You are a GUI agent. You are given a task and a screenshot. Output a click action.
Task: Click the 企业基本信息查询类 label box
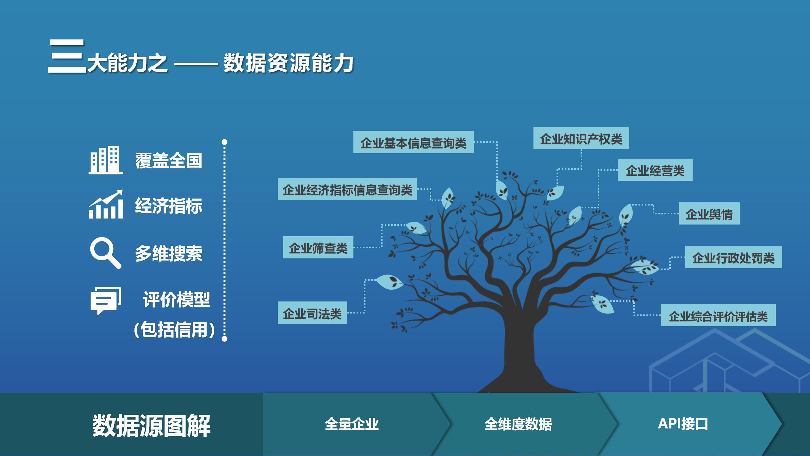point(413,142)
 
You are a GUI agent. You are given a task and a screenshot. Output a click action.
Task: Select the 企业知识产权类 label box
point(581,138)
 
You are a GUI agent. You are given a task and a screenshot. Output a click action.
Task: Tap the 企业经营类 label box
point(655,170)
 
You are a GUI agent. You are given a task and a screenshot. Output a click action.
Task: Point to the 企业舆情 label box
point(709,213)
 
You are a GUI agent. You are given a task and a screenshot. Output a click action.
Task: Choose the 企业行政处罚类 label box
point(733,257)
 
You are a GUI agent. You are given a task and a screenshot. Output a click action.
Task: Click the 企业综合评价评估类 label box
point(718,315)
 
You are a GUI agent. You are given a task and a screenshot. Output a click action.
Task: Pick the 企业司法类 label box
point(312,313)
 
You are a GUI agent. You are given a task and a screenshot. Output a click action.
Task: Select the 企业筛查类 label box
point(318,247)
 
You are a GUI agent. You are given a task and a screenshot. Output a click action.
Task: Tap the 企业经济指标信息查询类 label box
point(347,189)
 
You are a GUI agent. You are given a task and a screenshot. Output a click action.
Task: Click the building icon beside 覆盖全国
point(106,160)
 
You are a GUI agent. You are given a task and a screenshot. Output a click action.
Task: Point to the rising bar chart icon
point(106,204)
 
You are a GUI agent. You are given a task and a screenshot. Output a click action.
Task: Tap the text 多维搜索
point(169,254)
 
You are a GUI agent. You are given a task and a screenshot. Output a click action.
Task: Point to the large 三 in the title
point(66,56)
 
